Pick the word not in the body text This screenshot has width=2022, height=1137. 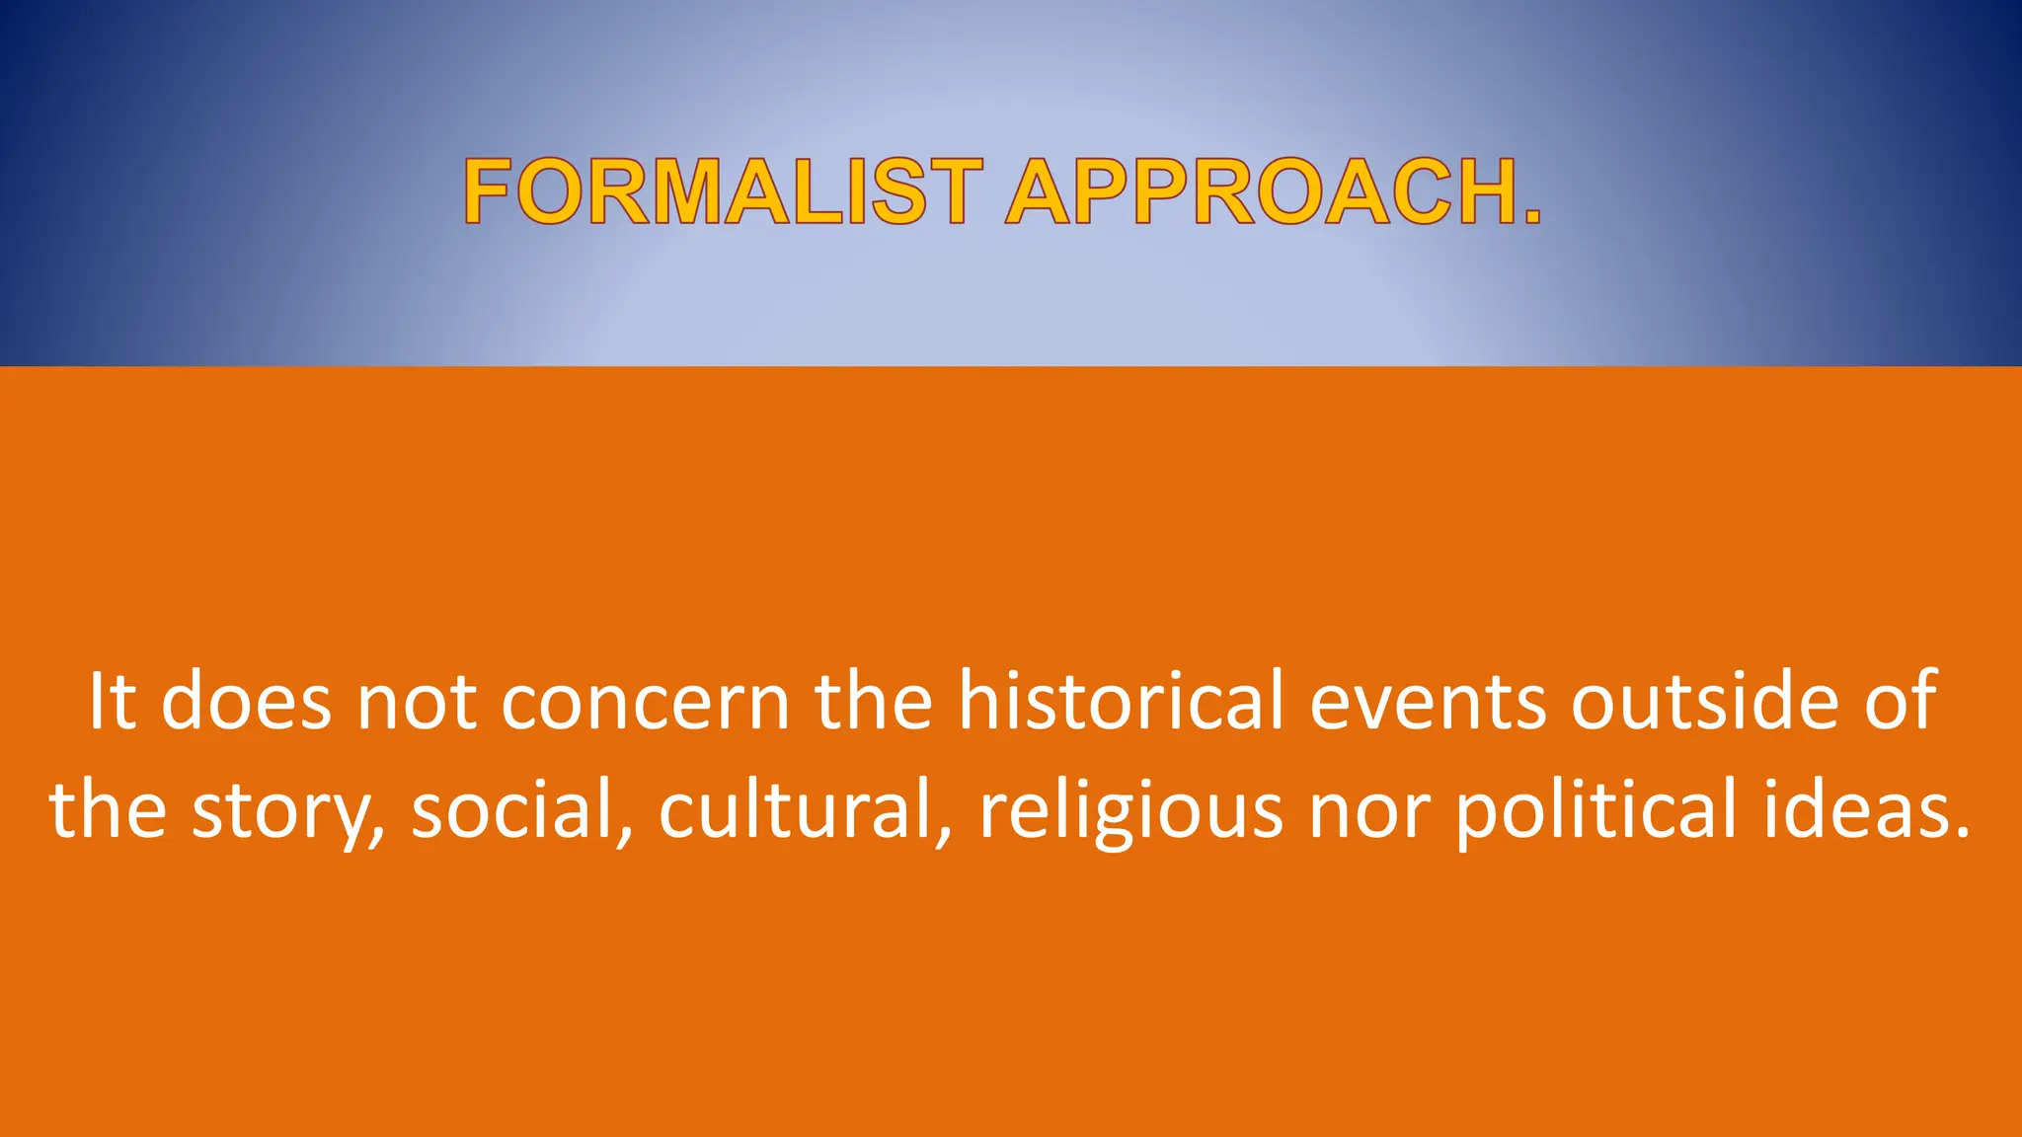tap(416, 703)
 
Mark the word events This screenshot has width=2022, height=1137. tap(1428, 703)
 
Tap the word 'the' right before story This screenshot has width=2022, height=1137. tap(109, 809)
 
